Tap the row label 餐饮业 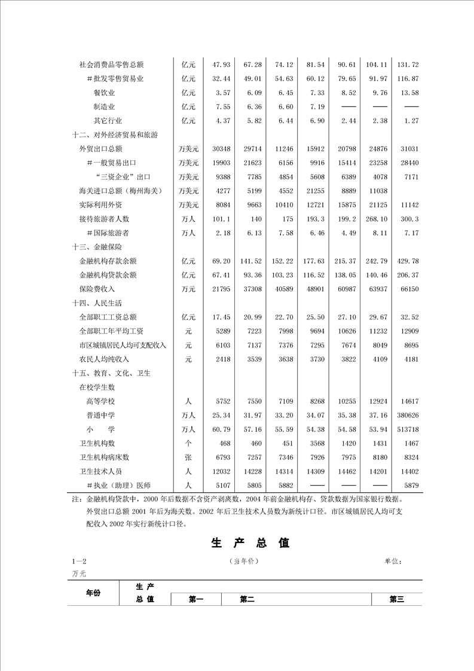pos(104,93)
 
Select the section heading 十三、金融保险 pos(97,247)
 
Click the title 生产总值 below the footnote pos(250,543)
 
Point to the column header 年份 pos(93,593)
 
